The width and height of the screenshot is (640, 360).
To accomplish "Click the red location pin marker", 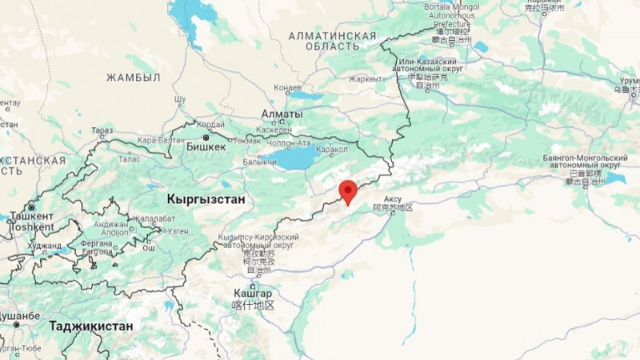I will pyautogui.click(x=347, y=191).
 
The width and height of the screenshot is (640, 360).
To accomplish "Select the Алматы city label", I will pyautogui.click(x=282, y=114).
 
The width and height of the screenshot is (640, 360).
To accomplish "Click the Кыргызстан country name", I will pyautogui.click(x=205, y=198).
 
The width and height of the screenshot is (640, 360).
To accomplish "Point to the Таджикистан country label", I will pyautogui.click(x=90, y=326).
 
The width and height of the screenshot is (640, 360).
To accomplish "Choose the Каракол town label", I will pyautogui.click(x=332, y=149).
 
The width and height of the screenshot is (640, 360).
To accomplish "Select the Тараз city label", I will pyautogui.click(x=102, y=130).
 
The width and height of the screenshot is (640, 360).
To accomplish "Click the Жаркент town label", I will pyautogui.click(x=366, y=78).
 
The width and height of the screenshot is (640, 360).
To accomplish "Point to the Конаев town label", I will pyautogui.click(x=287, y=87).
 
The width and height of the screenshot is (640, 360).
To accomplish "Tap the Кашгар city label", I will pyautogui.click(x=254, y=294).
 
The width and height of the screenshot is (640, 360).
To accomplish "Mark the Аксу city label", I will pyautogui.click(x=393, y=198).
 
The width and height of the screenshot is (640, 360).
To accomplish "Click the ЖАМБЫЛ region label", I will pyautogui.click(x=134, y=77).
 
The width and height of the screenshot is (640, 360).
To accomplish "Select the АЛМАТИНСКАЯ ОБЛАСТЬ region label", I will pyautogui.click(x=333, y=42).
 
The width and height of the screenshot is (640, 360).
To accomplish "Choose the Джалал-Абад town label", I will pyautogui.click(x=154, y=218).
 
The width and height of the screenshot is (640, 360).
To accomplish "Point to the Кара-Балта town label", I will pyautogui.click(x=155, y=141).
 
